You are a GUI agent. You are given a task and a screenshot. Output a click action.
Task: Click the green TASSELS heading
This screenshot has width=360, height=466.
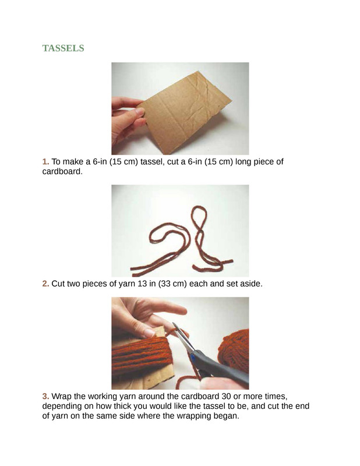[x=63, y=48]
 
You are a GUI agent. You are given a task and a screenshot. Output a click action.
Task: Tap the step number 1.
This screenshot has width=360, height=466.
[x=45, y=162]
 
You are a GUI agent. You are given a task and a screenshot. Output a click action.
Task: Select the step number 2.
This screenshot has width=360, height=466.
[x=45, y=284]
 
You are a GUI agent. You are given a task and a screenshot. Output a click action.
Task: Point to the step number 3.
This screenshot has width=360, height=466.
[x=45, y=396]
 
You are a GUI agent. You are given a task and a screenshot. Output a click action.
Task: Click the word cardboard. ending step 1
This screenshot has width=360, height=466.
[x=62, y=171]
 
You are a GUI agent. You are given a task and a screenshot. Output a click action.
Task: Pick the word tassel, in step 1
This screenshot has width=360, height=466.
[x=152, y=162]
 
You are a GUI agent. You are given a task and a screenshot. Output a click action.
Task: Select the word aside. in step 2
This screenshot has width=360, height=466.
[x=251, y=284]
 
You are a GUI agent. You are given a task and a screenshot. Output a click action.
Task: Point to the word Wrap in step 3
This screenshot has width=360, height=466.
[x=62, y=397]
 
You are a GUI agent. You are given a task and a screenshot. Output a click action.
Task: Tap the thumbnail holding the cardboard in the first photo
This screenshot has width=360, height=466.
[x=139, y=112]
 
